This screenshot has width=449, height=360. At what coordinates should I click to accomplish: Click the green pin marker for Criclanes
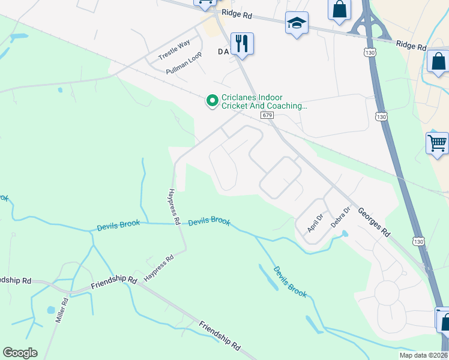point(211,101)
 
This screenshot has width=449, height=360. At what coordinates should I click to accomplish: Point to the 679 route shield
point(268,115)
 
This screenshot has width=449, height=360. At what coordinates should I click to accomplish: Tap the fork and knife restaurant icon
point(242,44)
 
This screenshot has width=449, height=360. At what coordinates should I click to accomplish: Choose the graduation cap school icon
point(296,24)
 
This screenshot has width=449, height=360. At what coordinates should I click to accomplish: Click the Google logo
point(20,353)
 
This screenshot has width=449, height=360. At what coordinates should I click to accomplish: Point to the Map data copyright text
point(423,355)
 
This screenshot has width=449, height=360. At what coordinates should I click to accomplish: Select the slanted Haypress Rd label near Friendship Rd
point(159,268)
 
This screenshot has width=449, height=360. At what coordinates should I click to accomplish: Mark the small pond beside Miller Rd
point(50,311)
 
